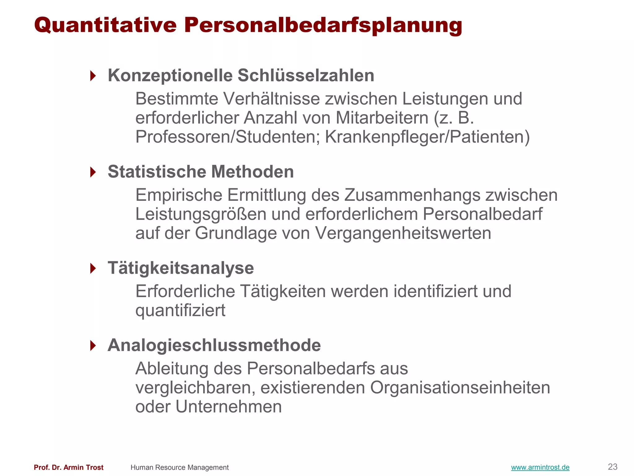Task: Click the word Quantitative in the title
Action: coord(105,25)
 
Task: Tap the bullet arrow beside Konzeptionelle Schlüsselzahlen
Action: coord(93,76)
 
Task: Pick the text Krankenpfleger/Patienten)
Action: coord(427,137)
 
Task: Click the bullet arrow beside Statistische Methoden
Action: coord(93,172)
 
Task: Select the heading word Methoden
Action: coord(252,172)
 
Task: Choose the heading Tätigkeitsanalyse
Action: coord(181,268)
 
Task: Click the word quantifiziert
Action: coord(180,311)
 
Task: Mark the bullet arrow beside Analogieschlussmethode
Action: coord(93,345)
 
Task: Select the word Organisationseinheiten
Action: coord(460,388)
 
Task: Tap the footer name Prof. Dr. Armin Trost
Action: coord(68,467)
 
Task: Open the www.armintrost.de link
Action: coord(540,467)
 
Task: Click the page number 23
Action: coord(612,467)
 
